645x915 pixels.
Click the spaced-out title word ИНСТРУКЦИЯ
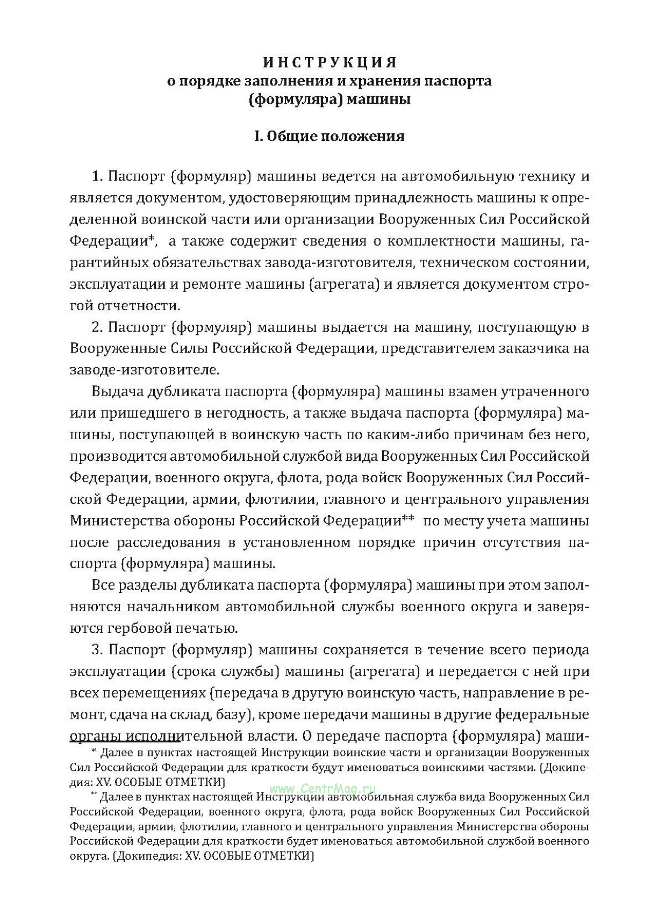(x=329, y=63)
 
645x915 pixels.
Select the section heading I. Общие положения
(x=329, y=136)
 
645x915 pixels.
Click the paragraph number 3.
(x=97, y=650)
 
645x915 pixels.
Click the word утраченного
(x=545, y=391)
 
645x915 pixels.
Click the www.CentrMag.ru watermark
(x=322, y=788)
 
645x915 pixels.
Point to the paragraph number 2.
(x=97, y=327)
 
